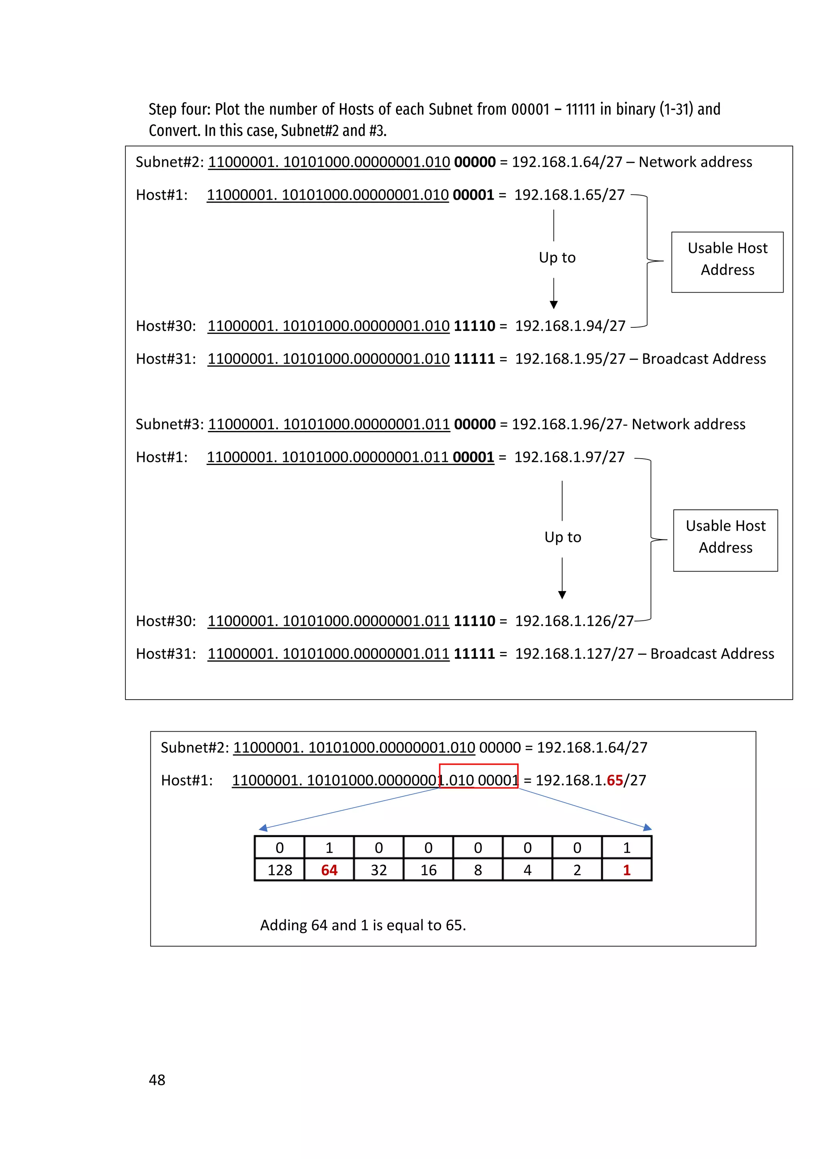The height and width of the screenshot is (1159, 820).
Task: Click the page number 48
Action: point(157,1079)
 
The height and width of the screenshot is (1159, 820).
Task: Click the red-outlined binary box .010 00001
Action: point(479,776)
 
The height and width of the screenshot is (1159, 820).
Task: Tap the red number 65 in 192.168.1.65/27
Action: point(615,780)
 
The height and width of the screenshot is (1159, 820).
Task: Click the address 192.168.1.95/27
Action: point(570,359)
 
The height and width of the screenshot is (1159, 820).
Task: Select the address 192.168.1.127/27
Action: point(574,653)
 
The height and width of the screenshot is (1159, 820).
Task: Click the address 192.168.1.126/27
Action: point(574,620)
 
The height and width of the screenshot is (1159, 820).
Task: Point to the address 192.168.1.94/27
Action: point(570,326)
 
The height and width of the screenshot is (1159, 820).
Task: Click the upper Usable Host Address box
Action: point(727,262)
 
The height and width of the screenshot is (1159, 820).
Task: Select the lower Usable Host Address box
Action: point(725,540)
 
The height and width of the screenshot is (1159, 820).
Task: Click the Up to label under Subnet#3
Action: point(563,537)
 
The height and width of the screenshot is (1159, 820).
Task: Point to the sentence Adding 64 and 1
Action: point(362,925)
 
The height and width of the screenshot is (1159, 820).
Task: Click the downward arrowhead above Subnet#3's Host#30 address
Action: point(562,595)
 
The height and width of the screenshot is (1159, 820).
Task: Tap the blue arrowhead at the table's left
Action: point(263,828)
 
